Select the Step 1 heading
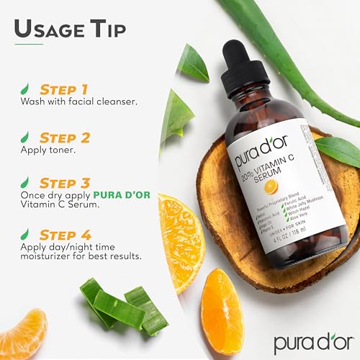tap(63, 89)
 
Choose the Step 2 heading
tap(63, 136)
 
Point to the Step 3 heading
tap(63, 184)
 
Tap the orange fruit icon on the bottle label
tap(271, 186)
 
